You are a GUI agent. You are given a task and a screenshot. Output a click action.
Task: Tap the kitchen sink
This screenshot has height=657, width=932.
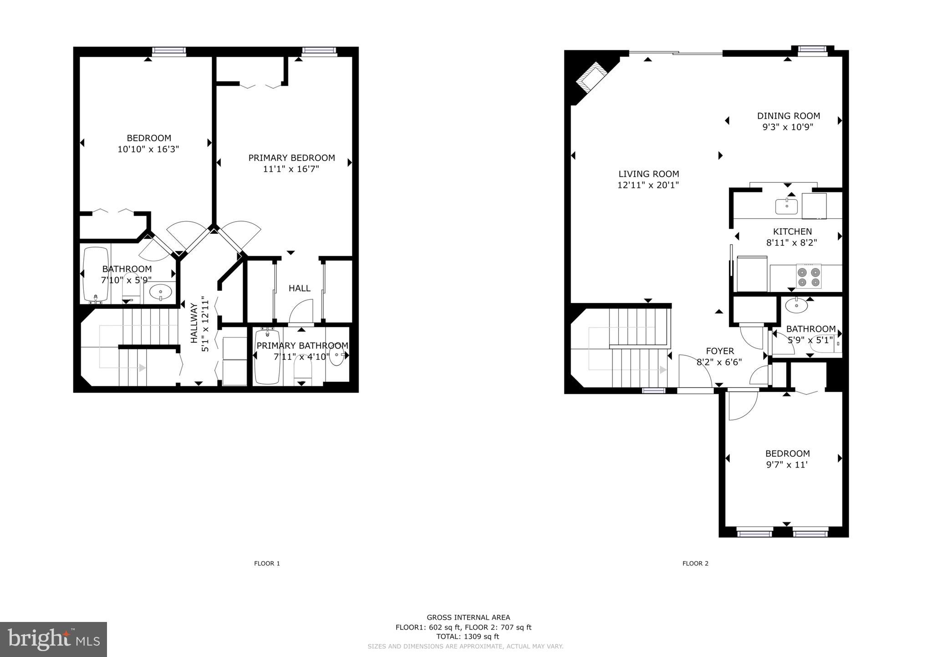click(786, 207)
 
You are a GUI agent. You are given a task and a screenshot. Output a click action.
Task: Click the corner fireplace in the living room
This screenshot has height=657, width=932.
click(591, 78)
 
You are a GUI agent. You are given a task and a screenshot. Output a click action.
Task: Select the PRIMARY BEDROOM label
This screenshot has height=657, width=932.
click(291, 158)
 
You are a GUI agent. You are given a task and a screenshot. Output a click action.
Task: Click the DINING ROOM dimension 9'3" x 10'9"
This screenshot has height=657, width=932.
click(788, 127)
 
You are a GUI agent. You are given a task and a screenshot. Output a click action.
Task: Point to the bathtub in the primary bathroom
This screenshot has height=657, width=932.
click(267, 356)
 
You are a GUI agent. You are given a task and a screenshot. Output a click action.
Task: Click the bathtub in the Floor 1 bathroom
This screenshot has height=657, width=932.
click(96, 275)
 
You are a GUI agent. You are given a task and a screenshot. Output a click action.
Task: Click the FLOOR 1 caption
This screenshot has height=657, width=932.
click(267, 563)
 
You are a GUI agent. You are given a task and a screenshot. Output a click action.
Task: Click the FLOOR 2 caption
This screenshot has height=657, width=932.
click(695, 563)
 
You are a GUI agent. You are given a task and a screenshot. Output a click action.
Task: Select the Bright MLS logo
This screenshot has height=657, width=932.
click(54, 639)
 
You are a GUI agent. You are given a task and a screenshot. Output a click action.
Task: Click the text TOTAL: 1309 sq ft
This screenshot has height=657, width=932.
click(468, 637)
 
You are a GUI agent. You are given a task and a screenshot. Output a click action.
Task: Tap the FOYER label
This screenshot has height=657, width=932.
click(720, 351)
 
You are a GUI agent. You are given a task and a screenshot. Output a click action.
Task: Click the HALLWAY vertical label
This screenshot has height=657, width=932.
click(194, 323)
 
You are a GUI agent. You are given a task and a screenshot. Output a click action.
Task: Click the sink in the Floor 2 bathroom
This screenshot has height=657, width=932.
click(796, 305)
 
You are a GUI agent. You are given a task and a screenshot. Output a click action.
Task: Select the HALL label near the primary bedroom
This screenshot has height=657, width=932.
click(300, 288)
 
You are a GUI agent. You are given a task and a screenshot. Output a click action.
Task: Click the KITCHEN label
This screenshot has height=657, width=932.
click(792, 232)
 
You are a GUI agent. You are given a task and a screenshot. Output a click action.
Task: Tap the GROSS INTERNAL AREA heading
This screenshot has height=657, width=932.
click(468, 617)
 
